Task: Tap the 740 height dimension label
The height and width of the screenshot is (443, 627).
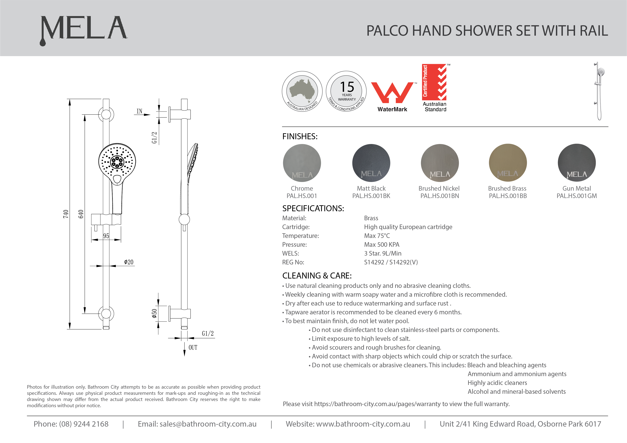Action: pos(66,214)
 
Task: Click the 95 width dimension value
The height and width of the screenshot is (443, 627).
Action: pos(106,236)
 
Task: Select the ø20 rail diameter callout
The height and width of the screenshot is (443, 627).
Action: pos(129,262)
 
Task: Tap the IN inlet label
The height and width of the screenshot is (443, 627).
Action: pos(139,111)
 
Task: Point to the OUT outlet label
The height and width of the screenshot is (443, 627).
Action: pos(193,348)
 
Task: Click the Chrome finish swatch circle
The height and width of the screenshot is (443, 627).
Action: pos(302,163)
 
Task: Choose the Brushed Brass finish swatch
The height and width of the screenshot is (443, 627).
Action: pos(507,163)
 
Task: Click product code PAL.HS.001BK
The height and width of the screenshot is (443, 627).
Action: pos(371,196)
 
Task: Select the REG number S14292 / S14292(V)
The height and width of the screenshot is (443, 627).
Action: pos(391,262)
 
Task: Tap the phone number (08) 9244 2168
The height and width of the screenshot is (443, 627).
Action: pos(84,424)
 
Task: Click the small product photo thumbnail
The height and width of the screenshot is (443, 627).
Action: pos(599,91)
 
